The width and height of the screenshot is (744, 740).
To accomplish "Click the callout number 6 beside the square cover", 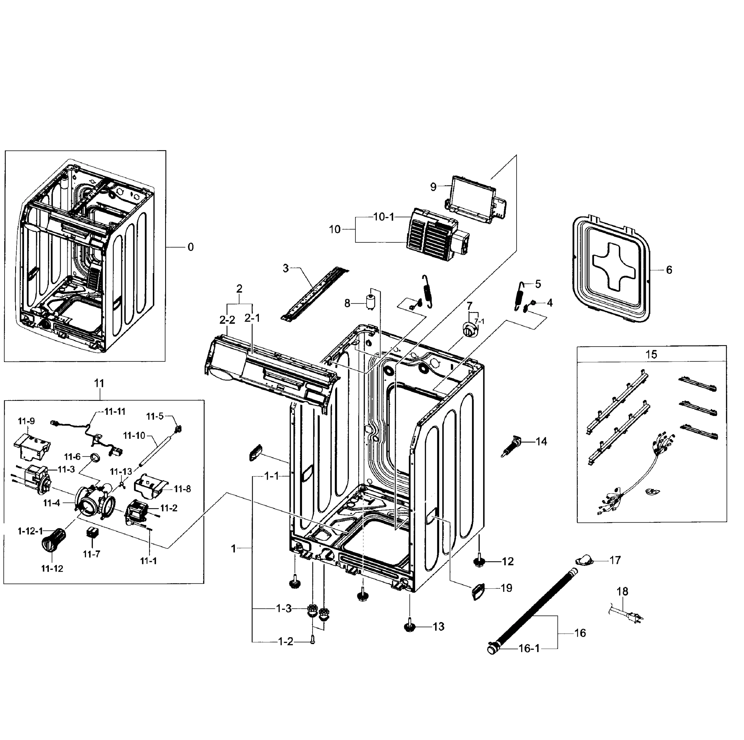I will [669, 270].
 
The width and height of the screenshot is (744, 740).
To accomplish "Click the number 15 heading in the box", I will [651, 354].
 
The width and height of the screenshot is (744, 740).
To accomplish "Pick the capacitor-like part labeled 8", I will [371, 303].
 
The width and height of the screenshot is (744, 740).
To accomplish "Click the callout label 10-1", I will [384, 217].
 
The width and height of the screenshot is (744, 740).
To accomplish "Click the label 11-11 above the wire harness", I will [115, 411].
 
